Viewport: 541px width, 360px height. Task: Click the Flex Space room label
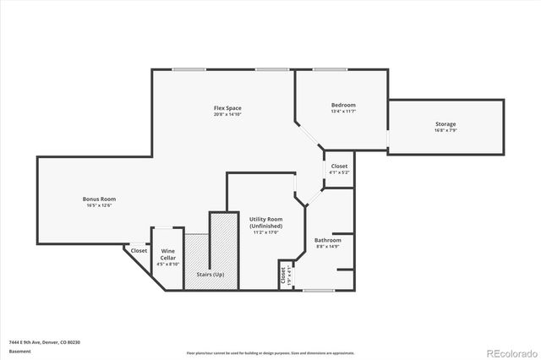pos(227,108)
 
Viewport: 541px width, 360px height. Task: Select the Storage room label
pos(445,124)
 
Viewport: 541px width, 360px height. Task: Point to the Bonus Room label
pos(98,199)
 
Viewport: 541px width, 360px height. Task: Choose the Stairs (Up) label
pos(210,275)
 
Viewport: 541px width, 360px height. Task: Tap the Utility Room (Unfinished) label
pos(265,222)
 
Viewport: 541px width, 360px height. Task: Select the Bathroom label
pos(327,240)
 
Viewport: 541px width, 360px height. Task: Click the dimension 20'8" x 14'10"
pos(227,115)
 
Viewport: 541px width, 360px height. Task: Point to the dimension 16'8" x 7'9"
pos(445,131)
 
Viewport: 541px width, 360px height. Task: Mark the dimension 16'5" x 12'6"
pos(98,205)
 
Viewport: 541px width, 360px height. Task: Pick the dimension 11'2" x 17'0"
pos(265,232)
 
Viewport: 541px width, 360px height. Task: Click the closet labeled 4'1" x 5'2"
pos(339,169)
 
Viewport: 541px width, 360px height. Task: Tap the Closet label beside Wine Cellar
pos(139,250)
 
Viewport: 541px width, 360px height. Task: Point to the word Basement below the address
pos(19,351)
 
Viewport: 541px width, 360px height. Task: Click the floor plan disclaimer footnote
pos(270,351)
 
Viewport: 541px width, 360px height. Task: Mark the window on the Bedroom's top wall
pos(327,69)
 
